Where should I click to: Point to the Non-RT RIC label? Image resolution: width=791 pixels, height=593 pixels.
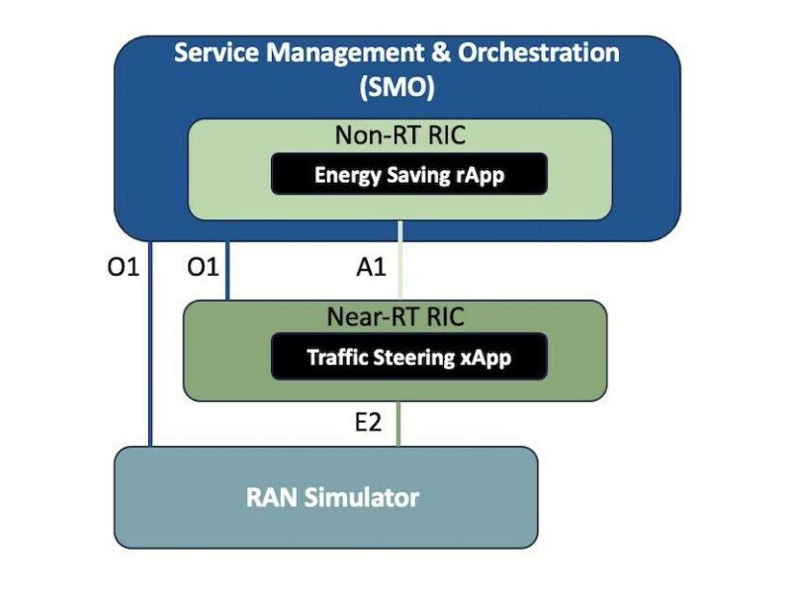(398, 135)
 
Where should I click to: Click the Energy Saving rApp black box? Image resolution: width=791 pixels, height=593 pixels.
(408, 175)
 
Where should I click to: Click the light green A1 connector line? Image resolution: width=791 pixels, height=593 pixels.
(398, 261)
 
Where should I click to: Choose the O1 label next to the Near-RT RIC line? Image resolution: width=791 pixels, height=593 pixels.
(202, 266)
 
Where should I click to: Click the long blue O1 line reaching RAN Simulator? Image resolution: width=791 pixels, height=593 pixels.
(150, 346)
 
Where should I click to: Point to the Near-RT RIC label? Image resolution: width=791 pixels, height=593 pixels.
(395, 317)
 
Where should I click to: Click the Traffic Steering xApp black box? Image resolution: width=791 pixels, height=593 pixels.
(408, 357)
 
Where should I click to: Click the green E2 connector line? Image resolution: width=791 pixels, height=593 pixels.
(398, 423)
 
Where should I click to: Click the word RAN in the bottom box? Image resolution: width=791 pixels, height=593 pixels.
(269, 497)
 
